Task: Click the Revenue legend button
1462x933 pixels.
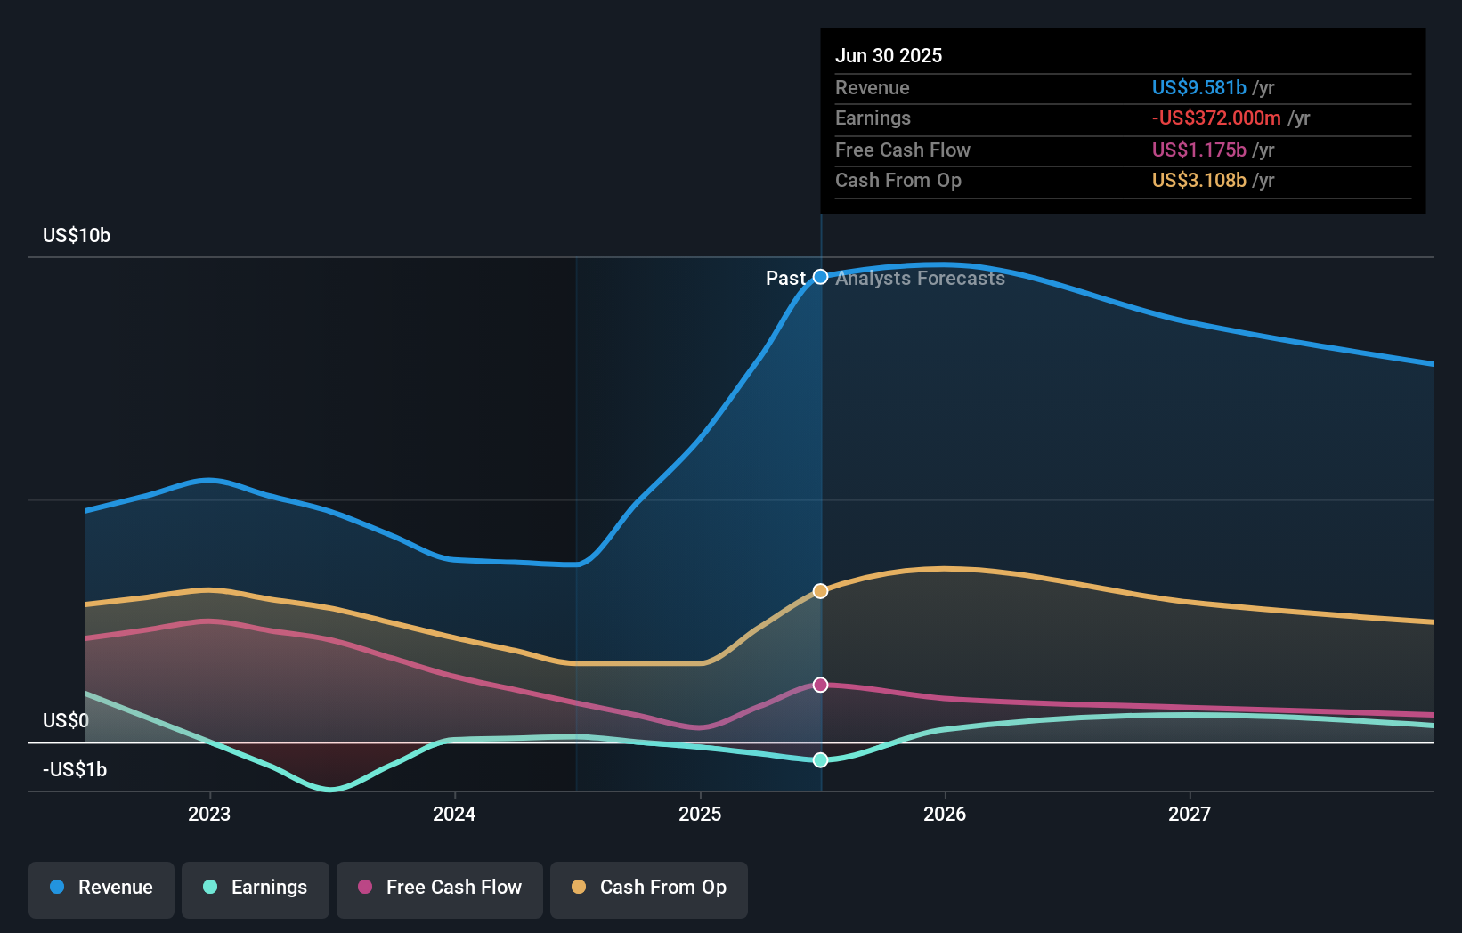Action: click(102, 888)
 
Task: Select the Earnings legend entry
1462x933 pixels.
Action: click(256, 888)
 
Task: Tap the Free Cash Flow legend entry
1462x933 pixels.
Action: click(440, 888)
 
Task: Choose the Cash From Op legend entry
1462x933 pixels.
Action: click(649, 888)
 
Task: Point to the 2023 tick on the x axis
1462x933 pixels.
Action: click(209, 814)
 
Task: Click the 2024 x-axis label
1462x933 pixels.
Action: click(454, 814)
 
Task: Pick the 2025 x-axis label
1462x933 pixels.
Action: click(700, 814)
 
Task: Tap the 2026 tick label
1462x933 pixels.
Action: click(945, 814)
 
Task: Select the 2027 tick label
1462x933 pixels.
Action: click(1190, 814)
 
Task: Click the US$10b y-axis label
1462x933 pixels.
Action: click(77, 236)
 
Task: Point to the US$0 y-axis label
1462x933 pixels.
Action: click(66, 720)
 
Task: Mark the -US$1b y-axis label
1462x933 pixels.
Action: click(75, 769)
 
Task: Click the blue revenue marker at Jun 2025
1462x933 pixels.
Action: click(821, 277)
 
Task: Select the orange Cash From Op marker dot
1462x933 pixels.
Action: click(821, 591)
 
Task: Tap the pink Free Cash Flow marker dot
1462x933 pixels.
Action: click(821, 685)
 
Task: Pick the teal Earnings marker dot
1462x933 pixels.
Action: click(821, 759)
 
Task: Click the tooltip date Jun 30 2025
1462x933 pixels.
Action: click(889, 55)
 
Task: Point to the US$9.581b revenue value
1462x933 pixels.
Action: click(1198, 87)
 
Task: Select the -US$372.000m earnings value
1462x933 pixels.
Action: click(1216, 118)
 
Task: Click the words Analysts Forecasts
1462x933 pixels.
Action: click(920, 279)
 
